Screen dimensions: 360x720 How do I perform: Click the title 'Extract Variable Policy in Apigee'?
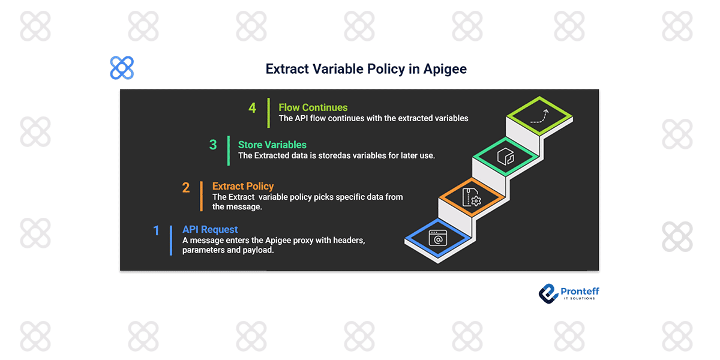366,69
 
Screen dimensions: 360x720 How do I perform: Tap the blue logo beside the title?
122,68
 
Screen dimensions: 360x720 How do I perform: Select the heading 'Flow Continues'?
313,107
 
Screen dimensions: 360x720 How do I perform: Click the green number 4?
252,108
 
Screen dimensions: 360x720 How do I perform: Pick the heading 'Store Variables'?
272,145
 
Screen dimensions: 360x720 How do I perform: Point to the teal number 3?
213,145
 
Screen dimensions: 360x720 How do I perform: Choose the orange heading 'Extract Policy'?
242,187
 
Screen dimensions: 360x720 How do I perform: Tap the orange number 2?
186,188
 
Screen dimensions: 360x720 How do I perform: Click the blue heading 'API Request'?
210,229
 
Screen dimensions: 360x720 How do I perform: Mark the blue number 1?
157,230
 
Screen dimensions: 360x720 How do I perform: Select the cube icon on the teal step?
505,157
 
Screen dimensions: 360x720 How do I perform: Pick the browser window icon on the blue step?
437,239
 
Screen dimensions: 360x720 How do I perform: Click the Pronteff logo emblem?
548,293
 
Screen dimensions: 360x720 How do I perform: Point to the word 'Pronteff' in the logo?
580,292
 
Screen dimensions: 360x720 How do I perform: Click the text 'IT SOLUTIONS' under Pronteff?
579,299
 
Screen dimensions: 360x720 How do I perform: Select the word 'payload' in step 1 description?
258,250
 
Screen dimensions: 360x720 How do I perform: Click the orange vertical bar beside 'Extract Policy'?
201,196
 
